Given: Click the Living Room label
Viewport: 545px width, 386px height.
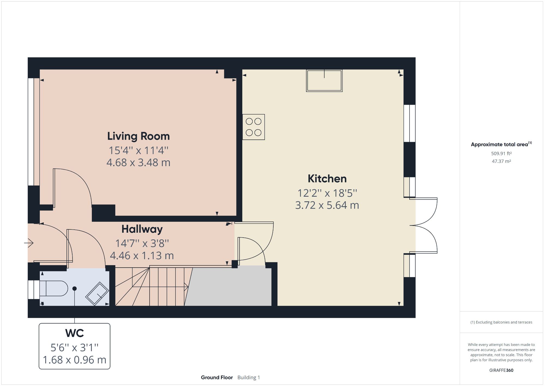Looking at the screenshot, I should [138, 136].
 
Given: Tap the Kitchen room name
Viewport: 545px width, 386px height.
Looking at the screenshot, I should [327, 179].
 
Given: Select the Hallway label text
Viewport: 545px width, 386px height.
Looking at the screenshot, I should [142, 229].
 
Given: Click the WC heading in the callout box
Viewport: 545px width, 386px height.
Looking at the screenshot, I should [74, 333].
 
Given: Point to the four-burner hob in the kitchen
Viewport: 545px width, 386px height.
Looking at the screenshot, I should [253, 127].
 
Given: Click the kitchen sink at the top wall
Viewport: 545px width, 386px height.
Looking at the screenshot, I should [324, 81].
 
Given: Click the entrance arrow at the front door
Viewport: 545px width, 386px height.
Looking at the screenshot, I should [29, 243].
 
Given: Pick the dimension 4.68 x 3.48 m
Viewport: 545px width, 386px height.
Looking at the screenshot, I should [138, 163].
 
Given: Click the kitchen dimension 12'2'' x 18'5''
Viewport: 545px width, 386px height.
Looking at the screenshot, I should [327, 193].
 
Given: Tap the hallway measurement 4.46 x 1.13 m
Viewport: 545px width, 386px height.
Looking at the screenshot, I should [142, 256].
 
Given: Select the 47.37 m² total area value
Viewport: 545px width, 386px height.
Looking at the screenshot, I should [501, 161].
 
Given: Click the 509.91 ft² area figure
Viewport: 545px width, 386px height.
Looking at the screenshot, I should [501, 154].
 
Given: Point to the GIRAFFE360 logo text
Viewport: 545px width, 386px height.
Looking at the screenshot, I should [501, 370].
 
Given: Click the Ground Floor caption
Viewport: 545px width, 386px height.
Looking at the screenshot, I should [217, 378].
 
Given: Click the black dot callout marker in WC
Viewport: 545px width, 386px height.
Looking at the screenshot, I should [74, 289].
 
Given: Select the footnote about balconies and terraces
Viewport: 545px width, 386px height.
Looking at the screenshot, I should [501, 322].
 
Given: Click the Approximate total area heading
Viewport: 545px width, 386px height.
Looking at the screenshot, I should [499, 145].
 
